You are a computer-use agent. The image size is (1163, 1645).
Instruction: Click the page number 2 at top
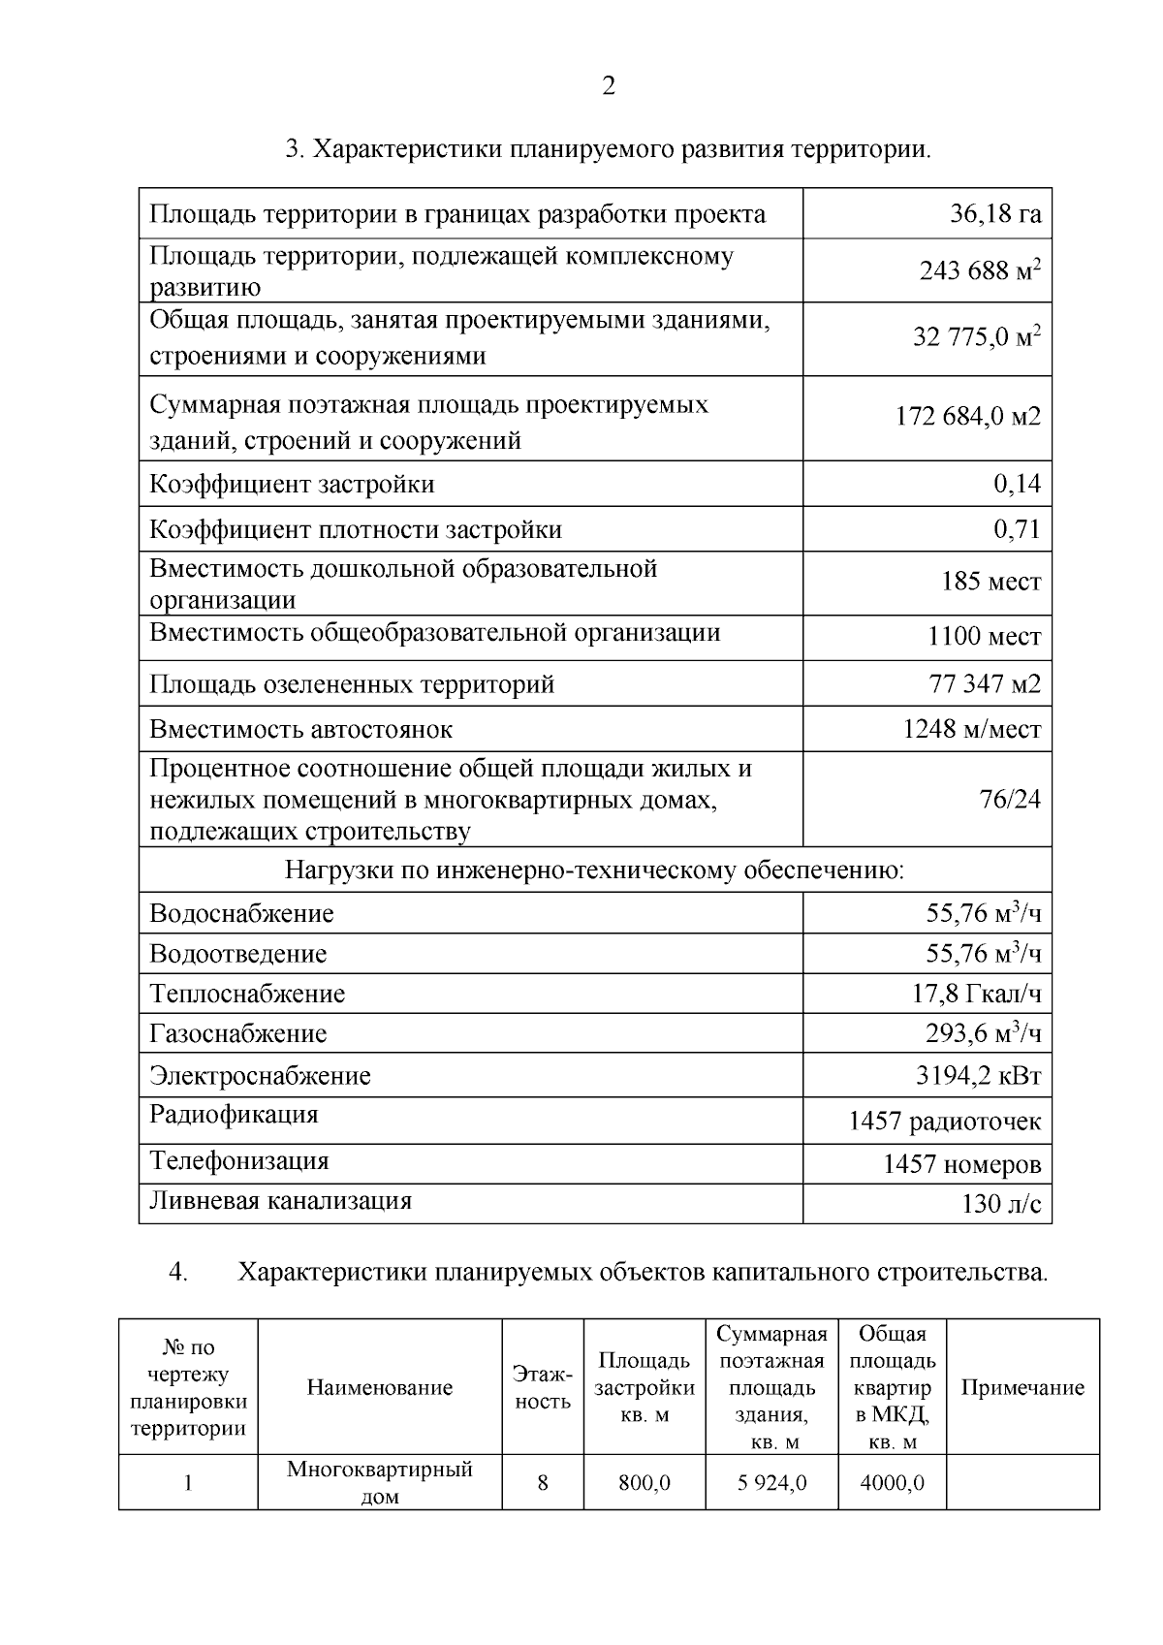tap(608, 87)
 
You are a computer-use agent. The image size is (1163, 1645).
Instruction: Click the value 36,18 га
tap(994, 214)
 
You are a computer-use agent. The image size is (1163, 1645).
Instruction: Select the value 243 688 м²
tap(980, 271)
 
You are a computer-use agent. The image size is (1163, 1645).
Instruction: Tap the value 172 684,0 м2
tap(967, 418)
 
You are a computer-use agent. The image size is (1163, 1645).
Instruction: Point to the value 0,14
tap(1017, 484)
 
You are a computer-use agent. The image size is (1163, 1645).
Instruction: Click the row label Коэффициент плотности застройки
tap(355, 530)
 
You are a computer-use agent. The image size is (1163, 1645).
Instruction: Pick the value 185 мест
tap(990, 583)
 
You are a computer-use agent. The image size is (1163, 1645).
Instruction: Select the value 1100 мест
tap(984, 638)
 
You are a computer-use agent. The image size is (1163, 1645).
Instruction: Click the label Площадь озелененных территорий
tap(352, 685)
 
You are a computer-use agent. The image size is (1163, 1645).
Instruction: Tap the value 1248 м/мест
tap(971, 730)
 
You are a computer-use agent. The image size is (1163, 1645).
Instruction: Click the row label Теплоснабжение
tap(247, 995)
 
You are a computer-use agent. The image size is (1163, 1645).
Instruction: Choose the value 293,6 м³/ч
tap(982, 1034)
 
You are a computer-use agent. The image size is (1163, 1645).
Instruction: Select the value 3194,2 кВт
tap(978, 1077)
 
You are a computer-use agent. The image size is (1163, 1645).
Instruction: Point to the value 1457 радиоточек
tap(944, 1123)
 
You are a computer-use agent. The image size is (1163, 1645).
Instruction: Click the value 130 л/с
tap(1001, 1205)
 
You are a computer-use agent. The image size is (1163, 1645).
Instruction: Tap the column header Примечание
tap(1022, 1388)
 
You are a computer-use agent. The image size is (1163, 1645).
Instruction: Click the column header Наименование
tap(379, 1388)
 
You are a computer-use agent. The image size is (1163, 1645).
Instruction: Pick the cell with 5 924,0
tap(770, 1483)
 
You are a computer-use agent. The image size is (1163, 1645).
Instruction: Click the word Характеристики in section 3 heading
tap(408, 150)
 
